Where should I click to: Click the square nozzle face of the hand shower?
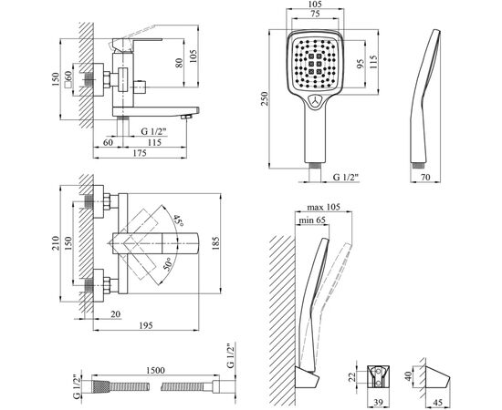point(316,65)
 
